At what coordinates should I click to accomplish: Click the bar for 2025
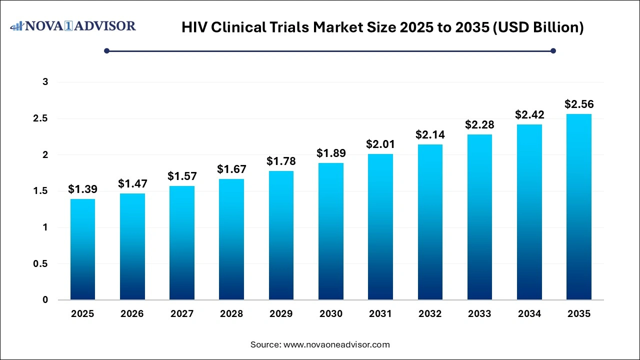82,249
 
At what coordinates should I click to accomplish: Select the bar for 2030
330,231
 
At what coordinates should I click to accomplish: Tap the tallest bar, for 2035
578,207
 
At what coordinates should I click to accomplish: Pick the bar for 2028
231,239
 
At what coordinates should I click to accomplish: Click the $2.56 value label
578,104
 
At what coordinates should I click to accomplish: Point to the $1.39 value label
82,189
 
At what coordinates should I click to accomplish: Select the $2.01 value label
380,144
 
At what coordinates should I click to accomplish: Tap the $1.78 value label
281,161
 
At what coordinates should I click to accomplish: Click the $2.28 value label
479,124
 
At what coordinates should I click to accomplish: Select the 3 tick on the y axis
45,82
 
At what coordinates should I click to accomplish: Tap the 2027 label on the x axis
182,314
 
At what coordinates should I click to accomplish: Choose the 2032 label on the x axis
430,314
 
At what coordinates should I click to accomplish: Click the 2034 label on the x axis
529,314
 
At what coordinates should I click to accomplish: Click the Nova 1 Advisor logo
73,26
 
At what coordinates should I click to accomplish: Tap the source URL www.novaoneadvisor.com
336,344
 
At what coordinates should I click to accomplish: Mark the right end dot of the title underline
553,50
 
